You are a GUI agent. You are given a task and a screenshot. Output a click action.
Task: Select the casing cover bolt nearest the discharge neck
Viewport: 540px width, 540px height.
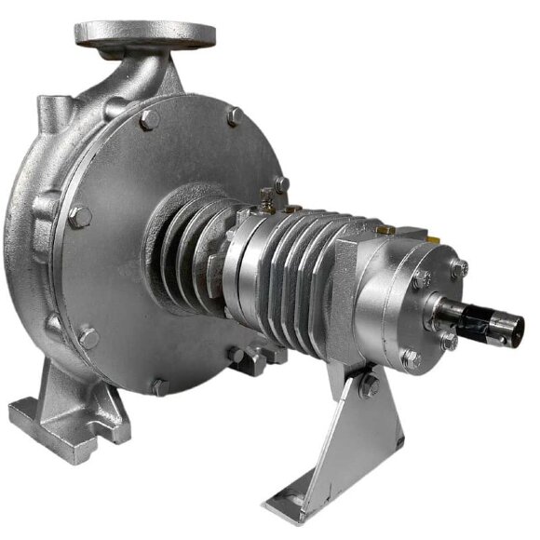[147, 119]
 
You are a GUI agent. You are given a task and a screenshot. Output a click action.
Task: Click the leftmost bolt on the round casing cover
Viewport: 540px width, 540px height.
[79, 217]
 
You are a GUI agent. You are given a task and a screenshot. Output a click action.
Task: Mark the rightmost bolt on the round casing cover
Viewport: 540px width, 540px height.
[280, 185]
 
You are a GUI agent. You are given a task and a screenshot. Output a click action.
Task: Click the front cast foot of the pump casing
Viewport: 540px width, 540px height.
[70, 410]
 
